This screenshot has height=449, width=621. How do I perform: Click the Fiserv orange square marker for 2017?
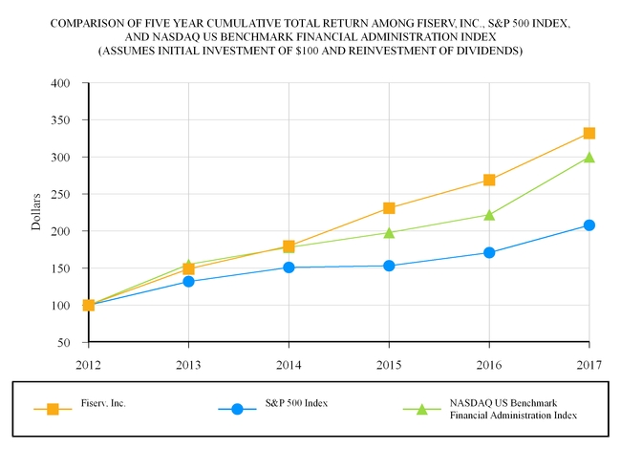point(589,134)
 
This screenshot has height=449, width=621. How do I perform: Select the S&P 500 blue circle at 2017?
point(589,225)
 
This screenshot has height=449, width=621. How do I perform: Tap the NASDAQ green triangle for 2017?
point(589,157)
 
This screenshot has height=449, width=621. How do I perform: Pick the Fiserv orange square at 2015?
point(389,208)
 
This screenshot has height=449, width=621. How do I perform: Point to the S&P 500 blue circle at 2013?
point(188,282)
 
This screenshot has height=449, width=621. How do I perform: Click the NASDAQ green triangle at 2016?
point(489,215)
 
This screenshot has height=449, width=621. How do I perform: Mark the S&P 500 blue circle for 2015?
point(389,266)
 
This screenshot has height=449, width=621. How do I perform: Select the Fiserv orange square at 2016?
point(489,180)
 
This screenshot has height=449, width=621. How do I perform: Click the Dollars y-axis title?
point(36,212)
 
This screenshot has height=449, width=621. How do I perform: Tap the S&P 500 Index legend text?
point(296,403)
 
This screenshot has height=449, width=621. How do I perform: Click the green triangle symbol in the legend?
point(422,409)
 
